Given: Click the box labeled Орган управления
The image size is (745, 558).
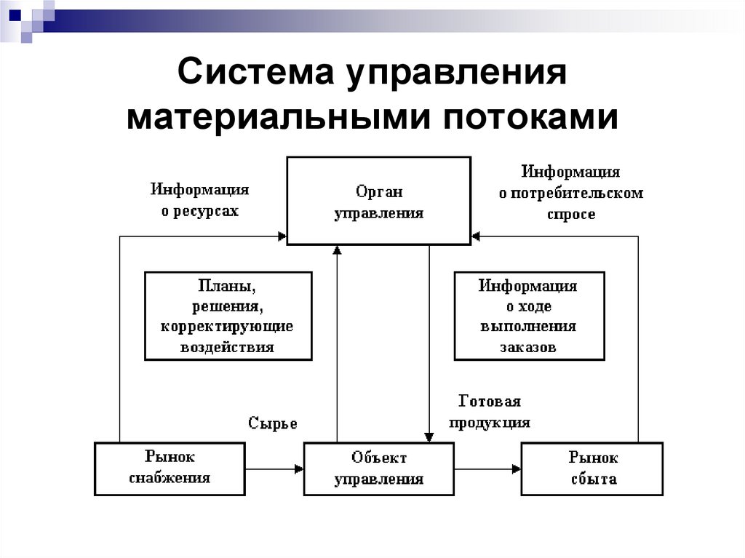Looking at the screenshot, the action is tap(378, 201).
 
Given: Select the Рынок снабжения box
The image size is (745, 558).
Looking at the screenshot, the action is tap(170, 469).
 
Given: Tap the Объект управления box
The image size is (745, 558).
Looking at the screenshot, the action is tap(378, 469).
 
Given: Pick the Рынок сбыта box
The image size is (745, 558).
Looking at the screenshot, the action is tap(592, 469).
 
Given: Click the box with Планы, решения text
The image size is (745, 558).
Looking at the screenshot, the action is tap(228, 316).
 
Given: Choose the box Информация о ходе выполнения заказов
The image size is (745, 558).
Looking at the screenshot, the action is tap(530, 316).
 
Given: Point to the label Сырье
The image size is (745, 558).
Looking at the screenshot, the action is tap(273, 423).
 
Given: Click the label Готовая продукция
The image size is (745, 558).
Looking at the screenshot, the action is tap(490, 412).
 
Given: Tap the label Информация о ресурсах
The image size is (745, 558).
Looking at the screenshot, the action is tap(200, 199).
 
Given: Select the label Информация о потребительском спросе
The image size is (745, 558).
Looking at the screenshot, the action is tap(571, 193).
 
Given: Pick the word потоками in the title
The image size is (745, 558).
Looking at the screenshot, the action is tap(530, 117).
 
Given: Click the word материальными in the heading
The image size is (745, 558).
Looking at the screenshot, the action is tap(278, 117).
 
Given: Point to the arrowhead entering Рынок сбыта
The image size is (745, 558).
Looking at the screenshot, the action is tap(517, 469).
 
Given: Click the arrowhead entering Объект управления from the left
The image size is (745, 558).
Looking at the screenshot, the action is tap(299, 469).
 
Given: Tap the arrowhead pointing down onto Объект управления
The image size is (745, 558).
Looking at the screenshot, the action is tap(429, 437).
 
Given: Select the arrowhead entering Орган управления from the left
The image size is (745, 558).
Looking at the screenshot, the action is tap(282, 236).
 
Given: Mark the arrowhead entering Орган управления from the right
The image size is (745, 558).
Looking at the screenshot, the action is tap(476, 236).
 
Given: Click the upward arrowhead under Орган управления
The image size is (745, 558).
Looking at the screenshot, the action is tap(337, 250).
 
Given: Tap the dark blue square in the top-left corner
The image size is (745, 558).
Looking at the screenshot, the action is tap(15, 15).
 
